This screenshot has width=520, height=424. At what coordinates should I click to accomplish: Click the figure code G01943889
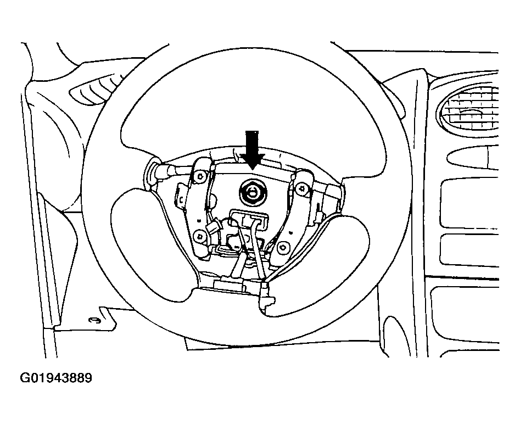56,378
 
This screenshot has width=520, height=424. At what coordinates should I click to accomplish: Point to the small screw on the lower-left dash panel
92,320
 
